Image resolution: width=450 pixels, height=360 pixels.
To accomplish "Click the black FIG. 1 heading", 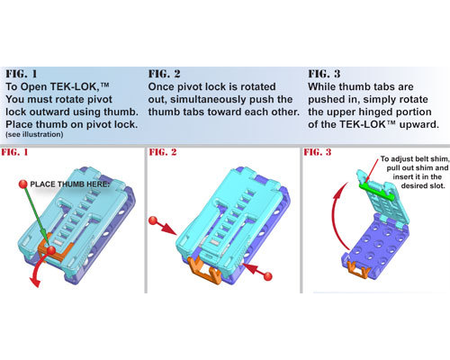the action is pos(22,74).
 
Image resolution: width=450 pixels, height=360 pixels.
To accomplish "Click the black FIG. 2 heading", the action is pos(164,74).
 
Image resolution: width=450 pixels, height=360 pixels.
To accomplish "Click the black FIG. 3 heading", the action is pos(324,74).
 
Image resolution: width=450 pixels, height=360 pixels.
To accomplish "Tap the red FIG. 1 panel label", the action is pos(14,152).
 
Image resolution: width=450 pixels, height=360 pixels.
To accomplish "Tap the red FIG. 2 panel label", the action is pos(163,152).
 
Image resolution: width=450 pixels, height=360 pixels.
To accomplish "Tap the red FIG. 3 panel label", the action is pos(318,152).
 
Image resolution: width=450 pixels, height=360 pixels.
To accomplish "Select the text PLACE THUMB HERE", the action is pos(69,184).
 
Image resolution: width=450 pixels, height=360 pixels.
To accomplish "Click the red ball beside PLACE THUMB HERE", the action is pos(23,184).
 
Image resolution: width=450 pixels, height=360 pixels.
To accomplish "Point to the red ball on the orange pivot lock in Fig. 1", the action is pos(51,250).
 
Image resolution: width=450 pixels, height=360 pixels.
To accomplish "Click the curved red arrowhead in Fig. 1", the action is pos(34,282).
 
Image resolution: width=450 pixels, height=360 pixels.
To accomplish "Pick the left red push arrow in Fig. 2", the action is pos(163,226).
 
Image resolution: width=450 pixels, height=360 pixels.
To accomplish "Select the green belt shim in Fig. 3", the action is pos(376,191).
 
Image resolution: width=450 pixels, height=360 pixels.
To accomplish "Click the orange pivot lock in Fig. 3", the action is pos(359,269).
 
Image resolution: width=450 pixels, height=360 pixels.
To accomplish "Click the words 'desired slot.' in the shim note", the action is pos(423,186).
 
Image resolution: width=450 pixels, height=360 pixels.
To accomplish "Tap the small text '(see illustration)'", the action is pos(34,134).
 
